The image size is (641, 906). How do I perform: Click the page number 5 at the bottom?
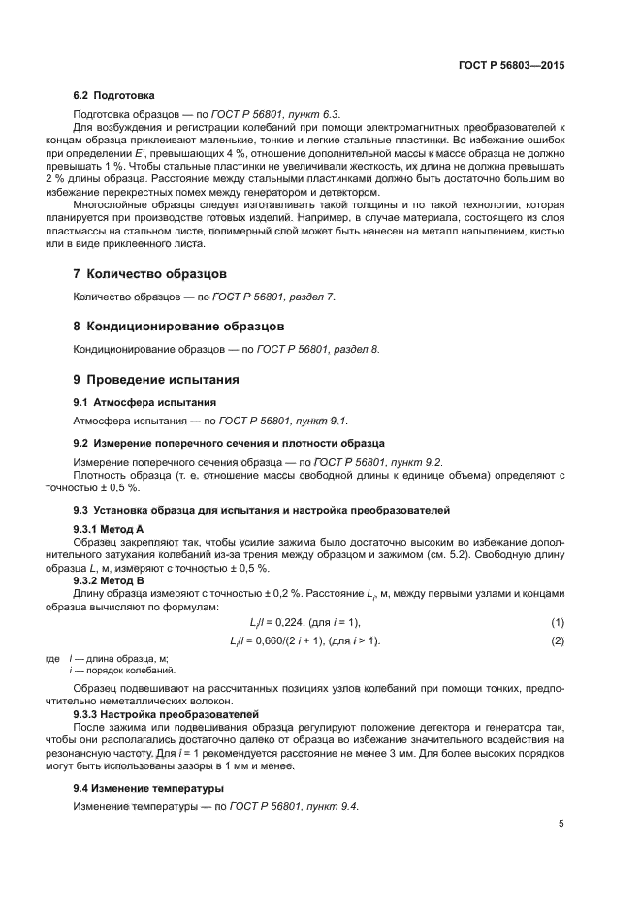coord(561,824)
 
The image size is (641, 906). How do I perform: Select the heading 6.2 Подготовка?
coord(114,95)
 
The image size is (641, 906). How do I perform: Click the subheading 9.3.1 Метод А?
coord(109,529)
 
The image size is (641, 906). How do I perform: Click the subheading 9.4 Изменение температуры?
coord(148,788)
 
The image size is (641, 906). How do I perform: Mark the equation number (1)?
coord(558,621)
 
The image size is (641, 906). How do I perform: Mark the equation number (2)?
coord(558,641)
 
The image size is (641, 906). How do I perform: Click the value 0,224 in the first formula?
coord(291,621)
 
